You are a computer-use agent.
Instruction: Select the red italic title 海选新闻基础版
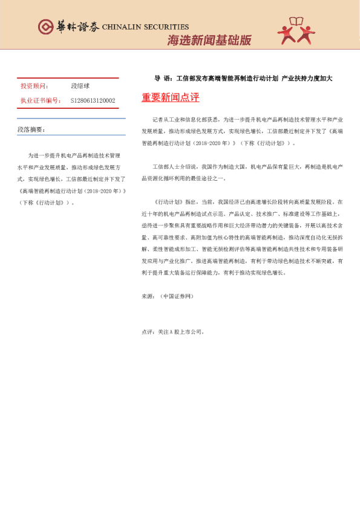(x=209, y=41)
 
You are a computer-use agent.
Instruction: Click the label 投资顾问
(x=34, y=86)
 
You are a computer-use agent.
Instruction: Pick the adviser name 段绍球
(x=80, y=86)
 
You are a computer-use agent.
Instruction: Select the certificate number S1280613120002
(x=93, y=100)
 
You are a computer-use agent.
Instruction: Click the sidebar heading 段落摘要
(x=31, y=129)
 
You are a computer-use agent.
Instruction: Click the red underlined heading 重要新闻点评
(x=170, y=97)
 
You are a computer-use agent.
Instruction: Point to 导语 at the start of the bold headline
(x=162, y=79)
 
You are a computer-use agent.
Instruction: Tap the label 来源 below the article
(x=148, y=296)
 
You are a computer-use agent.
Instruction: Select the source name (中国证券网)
(x=175, y=296)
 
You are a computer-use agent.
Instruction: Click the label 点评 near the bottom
(x=148, y=331)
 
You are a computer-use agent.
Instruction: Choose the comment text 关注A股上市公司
(x=181, y=331)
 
